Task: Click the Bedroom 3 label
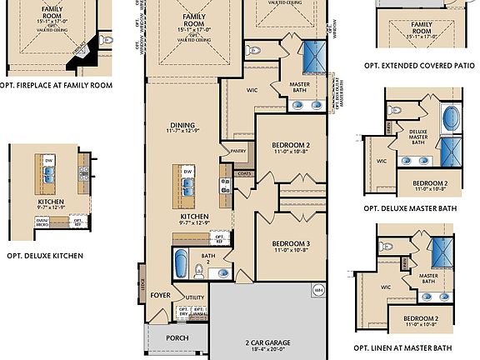[x=291, y=245]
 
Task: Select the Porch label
[x=177, y=337]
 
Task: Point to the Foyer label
[x=160, y=295]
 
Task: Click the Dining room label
[x=182, y=127]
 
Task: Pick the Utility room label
[x=195, y=297]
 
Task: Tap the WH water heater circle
[x=318, y=290]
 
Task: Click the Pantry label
[x=237, y=152]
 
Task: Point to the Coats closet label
[x=243, y=173]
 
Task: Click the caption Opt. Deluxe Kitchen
[x=44, y=255]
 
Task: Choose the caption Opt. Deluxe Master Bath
[x=411, y=208]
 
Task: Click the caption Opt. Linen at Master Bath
[x=403, y=347]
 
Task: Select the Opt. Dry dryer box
[x=184, y=314]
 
